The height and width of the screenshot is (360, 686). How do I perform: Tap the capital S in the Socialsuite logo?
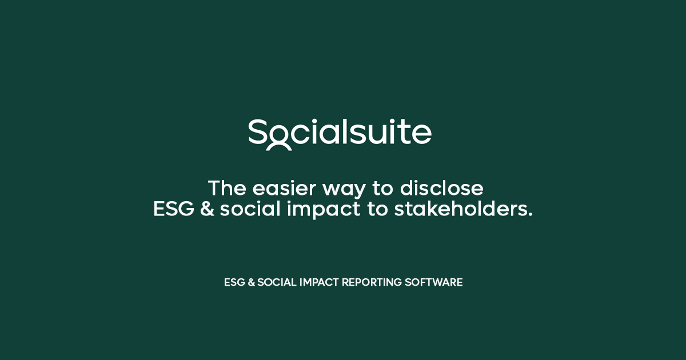pos(257,131)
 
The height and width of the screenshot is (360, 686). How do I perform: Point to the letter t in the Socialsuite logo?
pos(406,131)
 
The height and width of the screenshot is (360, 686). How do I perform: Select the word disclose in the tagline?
pos(441,188)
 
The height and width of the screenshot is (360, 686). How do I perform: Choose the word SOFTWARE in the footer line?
pos(434,282)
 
